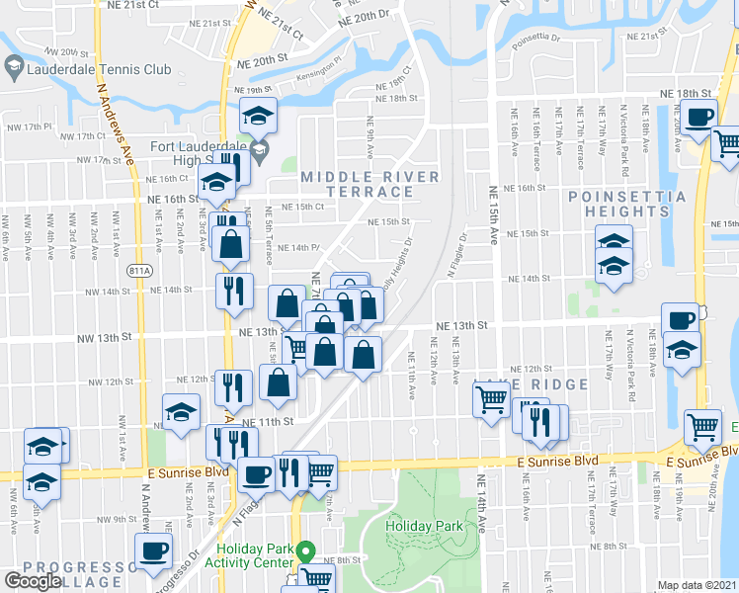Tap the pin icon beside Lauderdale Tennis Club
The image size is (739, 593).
[14, 69]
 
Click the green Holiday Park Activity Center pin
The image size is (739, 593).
[305, 550]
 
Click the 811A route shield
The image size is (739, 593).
[141, 269]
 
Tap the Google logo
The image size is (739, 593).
[33, 581]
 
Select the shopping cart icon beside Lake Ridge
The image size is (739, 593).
[491, 400]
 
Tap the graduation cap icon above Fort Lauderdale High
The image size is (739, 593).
[258, 117]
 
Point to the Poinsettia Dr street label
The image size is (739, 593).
[536, 41]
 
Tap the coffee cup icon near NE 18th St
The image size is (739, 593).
[700, 117]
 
